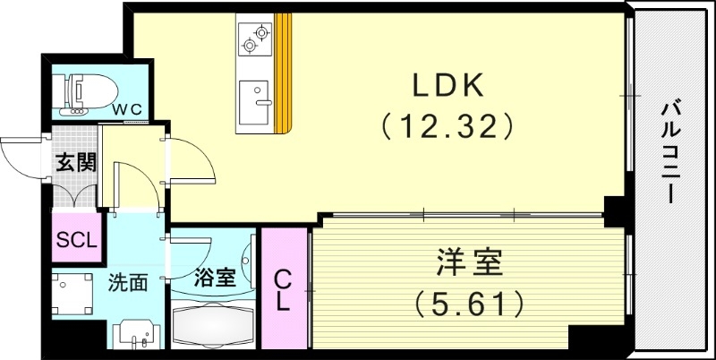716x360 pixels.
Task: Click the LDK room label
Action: click(x=447, y=85)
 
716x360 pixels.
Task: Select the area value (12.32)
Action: click(x=447, y=126)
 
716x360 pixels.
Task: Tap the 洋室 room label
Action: click(x=470, y=264)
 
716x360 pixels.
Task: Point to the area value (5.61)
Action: click(x=470, y=304)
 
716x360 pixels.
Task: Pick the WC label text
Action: click(x=132, y=109)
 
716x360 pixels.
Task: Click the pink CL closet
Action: click(x=283, y=289)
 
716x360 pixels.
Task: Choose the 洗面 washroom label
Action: click(x=128, y=283)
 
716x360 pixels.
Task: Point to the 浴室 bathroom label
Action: click(x=215, y=277)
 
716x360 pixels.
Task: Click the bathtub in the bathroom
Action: click(x=213, y=325)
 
